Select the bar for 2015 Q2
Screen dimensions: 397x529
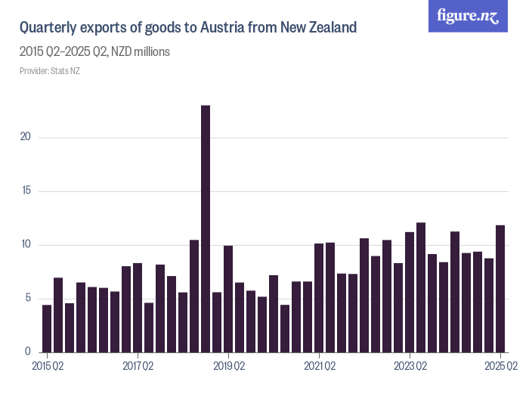[x=47, y=328]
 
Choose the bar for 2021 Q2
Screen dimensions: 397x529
[x=319, y=298]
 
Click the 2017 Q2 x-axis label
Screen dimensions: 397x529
[x=138, y=366]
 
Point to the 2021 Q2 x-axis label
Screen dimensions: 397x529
[x=319, y=366]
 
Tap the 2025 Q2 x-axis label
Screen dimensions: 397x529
[x=500, y=366]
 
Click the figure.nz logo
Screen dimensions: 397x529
[x=468, y=16]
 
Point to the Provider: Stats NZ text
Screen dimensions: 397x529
[x=49, y=71]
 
